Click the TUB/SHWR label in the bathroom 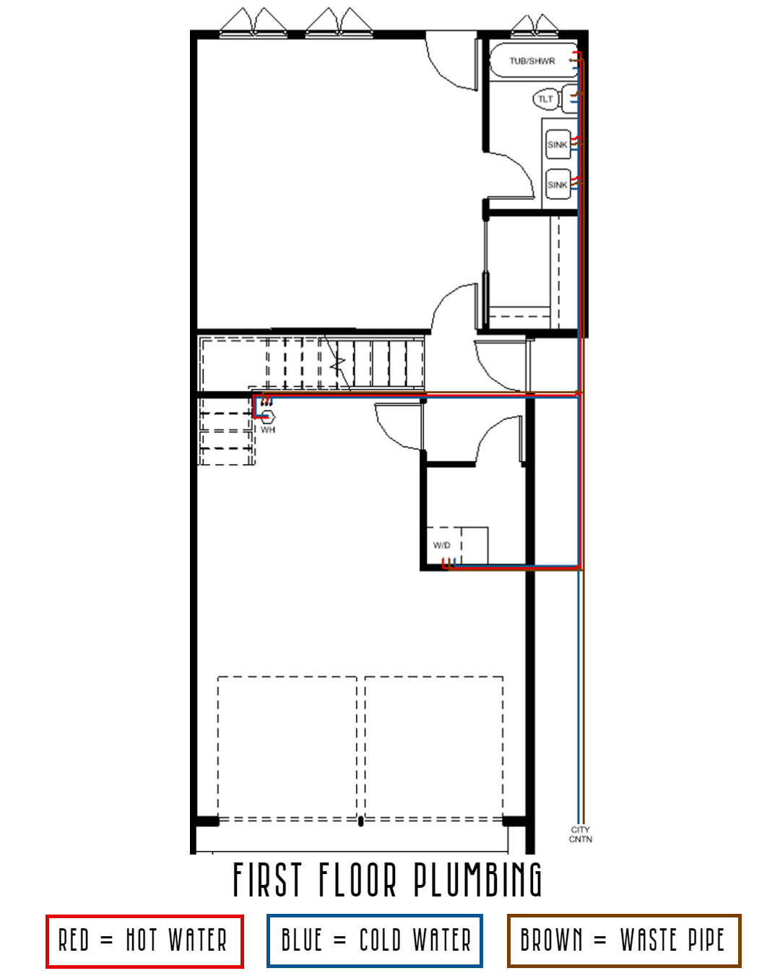[x=532, y=61]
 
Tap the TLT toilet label [x=545, y=99]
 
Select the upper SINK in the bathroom [x=558, y=145]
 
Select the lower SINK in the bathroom [x=558, y=185]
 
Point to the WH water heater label [x=268, y=430]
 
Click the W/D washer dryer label [x=441, y=545]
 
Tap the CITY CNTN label [x=581, y=834]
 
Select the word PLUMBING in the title [x=477, y=880]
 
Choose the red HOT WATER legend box [x=144, y=941]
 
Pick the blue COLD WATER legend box [x=375, y=941]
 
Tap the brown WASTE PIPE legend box [x=624, y=941]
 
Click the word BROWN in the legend [x=551, y=941]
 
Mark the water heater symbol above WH [x=267, y=416]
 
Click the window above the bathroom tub [x=534, y=25]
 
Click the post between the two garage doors [x=360, y=820]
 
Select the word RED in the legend [x=74, y=941]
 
